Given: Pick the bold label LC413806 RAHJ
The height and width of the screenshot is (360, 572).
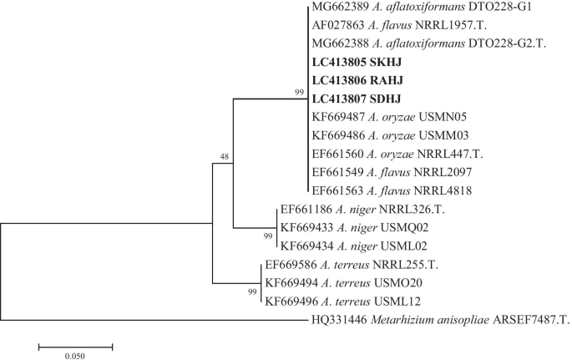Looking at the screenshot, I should pyautogui.click(x=357, y=80).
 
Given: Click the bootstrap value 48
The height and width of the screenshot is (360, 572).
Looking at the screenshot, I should pyautogui.click(x=224, y=156).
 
